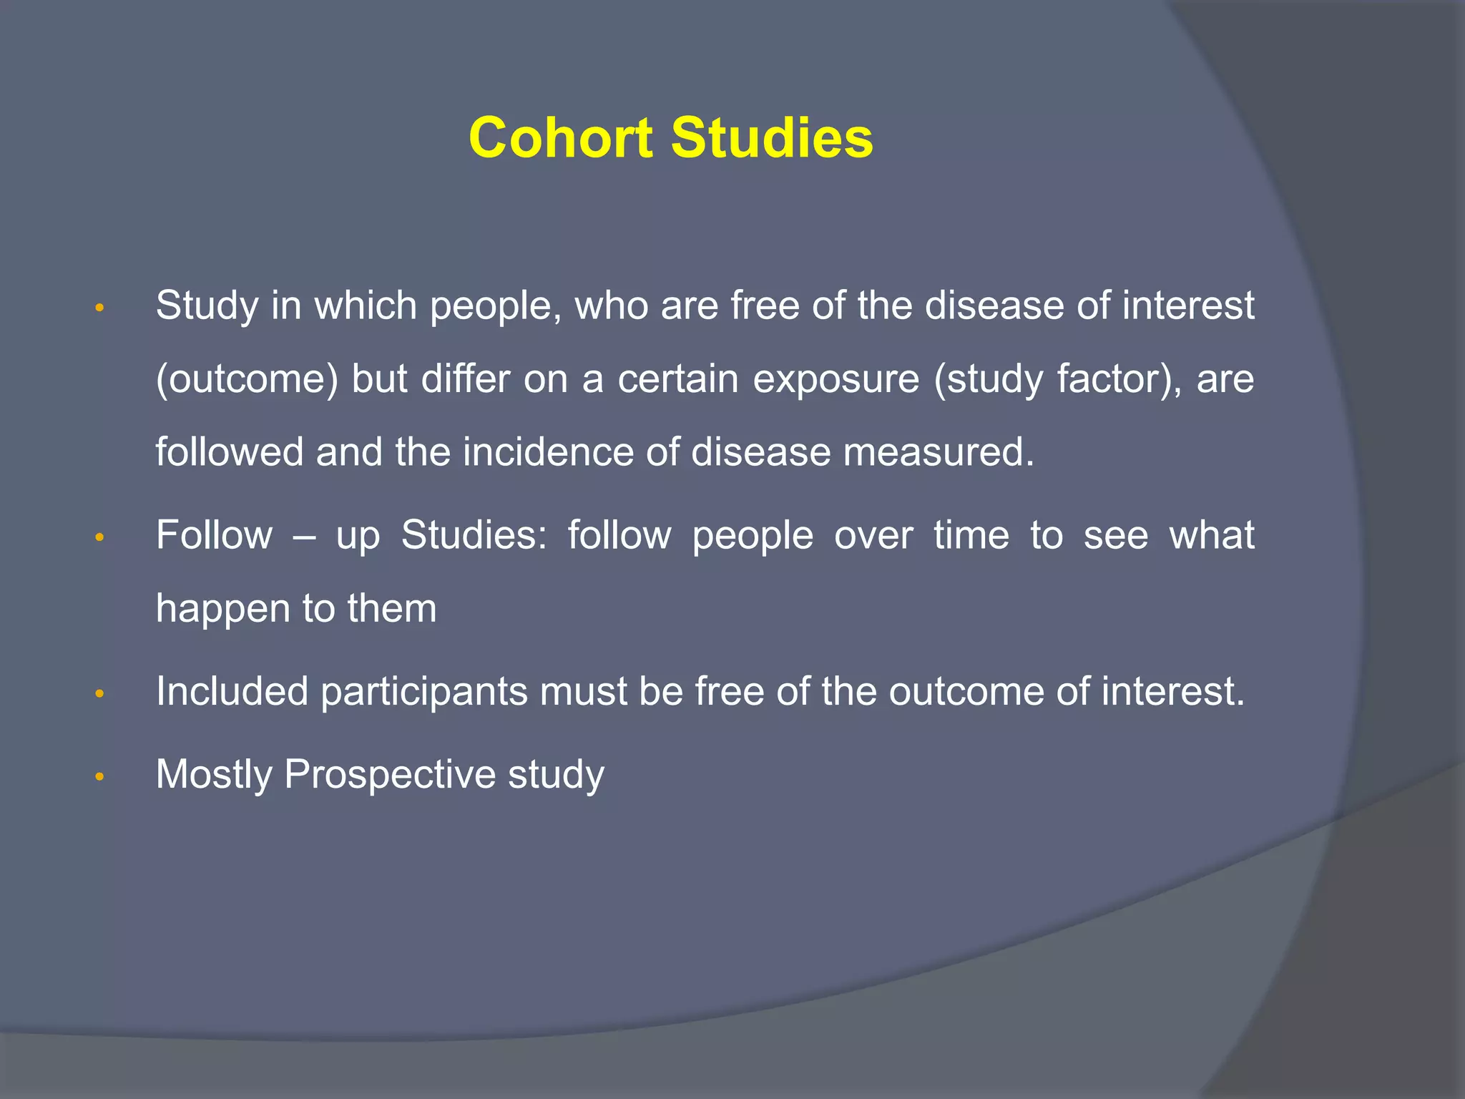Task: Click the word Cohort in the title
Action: pyautogui.click(x=560, y=137)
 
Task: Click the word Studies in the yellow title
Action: pyautogui.click(x=772, y=137)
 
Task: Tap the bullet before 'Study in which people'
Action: pyautogui.click(x=100, y=308)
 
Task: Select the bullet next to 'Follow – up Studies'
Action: pyautogui.click(x=100, y=537)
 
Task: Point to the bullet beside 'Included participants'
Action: pyautogui.click(x=100, y=693)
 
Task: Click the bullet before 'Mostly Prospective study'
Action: pyautogui.click(x=100, y=776)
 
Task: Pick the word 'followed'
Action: pyautogui.click(x=230, y=452)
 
